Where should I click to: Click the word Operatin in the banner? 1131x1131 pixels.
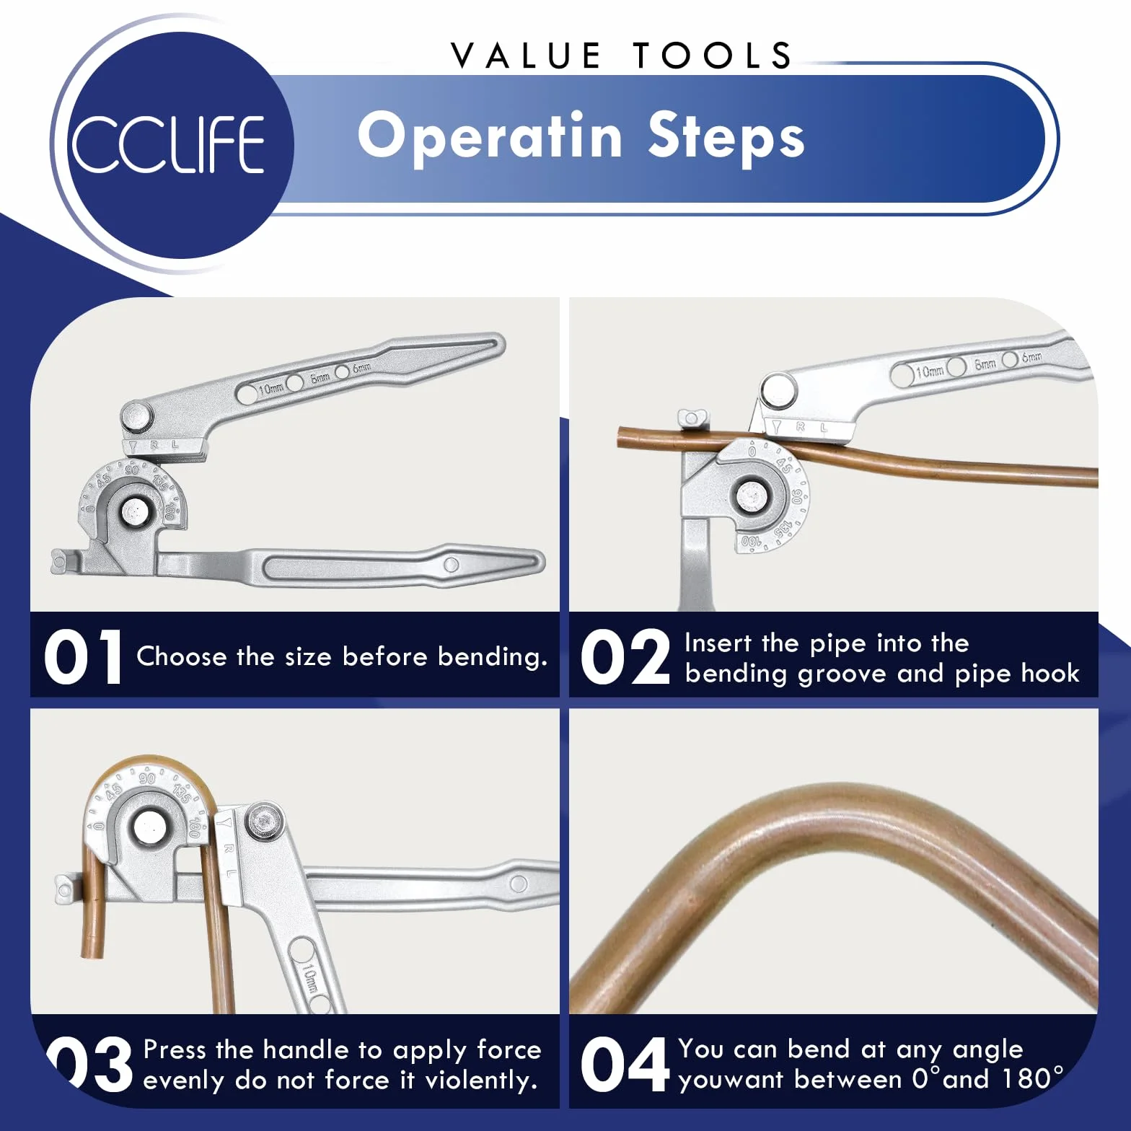(x=490, y=136)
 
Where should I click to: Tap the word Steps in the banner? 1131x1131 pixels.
(x=726, y=136)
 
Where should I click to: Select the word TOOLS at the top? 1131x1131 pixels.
(x=712, y=56)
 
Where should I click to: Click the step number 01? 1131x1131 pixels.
(x=83, y=656)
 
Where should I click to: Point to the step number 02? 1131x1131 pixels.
(x=625, y=656)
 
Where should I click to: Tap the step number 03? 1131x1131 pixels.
(x=90, y=1063)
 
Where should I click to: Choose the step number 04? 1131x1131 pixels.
(x=625, y=1063)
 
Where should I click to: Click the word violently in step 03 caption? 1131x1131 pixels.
(x=481, y=1081)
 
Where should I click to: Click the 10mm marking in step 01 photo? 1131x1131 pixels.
(x=270, y=389)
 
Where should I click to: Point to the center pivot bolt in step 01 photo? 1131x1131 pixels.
(x=134, y=511)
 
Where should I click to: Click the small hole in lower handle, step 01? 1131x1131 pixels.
(x=452, y=565)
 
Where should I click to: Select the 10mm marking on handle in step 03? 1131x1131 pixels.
(x=309, y=979)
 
